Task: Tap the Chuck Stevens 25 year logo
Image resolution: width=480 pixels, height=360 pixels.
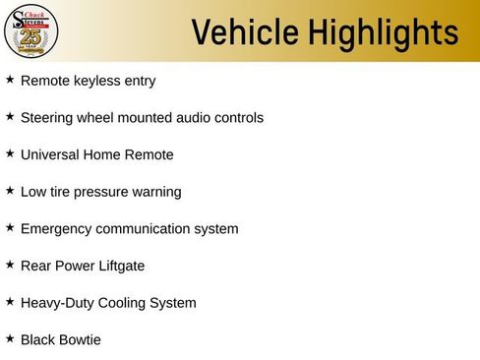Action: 30,30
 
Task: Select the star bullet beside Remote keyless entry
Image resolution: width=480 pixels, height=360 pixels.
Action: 10,79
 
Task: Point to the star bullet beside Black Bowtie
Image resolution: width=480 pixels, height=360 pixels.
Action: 10,338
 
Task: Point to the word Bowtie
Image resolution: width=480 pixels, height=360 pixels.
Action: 79,339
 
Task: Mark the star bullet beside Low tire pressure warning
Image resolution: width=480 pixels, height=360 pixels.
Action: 10,190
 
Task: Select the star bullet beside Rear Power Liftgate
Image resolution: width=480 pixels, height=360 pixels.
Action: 10,264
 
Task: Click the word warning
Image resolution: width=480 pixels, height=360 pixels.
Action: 155,192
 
